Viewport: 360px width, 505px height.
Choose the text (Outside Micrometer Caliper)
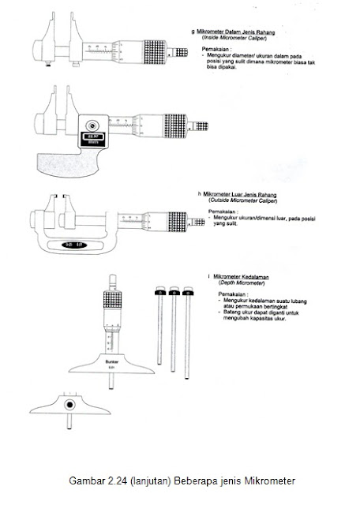(x=238, y=201)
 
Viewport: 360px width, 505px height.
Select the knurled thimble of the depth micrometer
(x=111, y=303)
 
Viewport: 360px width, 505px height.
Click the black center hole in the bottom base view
(x=69, y=405)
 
